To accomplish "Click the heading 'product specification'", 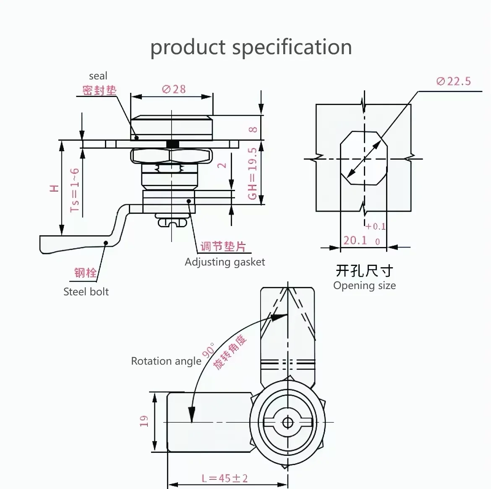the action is pos(251,47).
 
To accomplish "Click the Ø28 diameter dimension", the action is pos(174,89).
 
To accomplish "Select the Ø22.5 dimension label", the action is pos(453,81).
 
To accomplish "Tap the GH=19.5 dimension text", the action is pos(252,174).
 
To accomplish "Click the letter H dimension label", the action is pos(55,188).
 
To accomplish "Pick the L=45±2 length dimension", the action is pos(225,478).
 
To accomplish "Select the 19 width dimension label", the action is pos(144,421).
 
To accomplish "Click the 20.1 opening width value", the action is pos(355,240).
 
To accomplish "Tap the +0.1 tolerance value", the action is pos(375,226).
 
